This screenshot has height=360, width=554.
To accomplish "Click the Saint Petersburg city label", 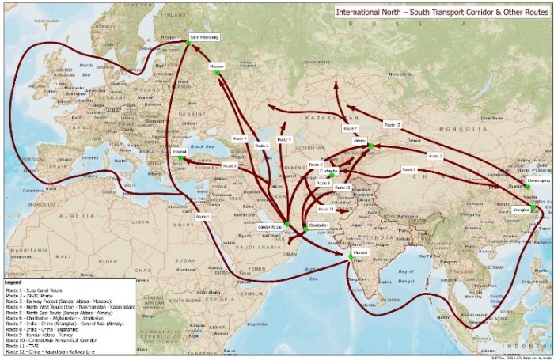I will (x=205, y=37).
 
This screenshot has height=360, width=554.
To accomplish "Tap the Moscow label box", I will (x=218, y=67).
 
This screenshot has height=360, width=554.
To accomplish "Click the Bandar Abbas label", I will (x=270, y=227).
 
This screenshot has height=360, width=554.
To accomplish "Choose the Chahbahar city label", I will (x=318, y=225).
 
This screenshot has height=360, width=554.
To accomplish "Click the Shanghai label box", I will (x=520, y=210).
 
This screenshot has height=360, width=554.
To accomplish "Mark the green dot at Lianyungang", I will (x=527, y=187).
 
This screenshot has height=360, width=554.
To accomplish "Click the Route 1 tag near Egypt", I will (x=203, y=216).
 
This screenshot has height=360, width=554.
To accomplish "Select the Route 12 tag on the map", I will (x=392, y=124).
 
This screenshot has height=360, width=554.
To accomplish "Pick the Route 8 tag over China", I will (x=408, y=169).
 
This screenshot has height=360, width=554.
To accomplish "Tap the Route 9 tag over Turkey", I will (x=230, y=166).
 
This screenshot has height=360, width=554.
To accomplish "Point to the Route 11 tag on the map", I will (x=325, y=210).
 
